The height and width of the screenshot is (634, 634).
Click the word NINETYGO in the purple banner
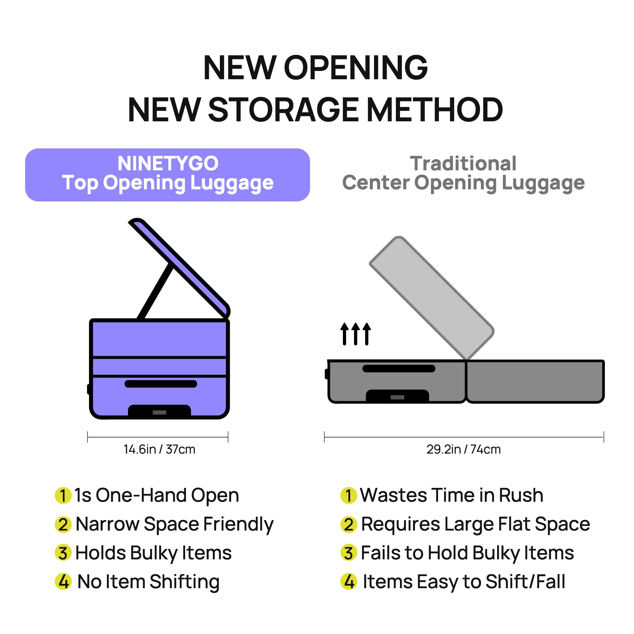pos(168,163)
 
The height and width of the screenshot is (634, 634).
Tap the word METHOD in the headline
pos(434,110)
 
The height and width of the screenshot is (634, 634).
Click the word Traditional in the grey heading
pos(463,163)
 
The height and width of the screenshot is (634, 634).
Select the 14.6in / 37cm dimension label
pos(159,449)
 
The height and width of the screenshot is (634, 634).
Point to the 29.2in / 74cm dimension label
pos(464,449)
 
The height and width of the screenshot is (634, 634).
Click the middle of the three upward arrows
pos(356,334)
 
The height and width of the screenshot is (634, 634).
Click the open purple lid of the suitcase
pos(179,268)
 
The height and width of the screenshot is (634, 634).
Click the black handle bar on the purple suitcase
pos(161,384)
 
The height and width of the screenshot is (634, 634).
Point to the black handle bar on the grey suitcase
pos(399,369)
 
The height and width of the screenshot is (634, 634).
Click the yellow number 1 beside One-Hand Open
pos(63,495)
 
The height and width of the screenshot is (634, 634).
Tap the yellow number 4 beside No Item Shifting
pos(63,582)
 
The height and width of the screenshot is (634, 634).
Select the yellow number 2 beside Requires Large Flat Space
pos(348,524)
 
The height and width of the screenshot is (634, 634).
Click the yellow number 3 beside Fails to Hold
pos(348,553)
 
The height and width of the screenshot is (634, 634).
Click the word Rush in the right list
pos(521,495)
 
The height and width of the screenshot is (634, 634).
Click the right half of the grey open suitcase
pos(535,381)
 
